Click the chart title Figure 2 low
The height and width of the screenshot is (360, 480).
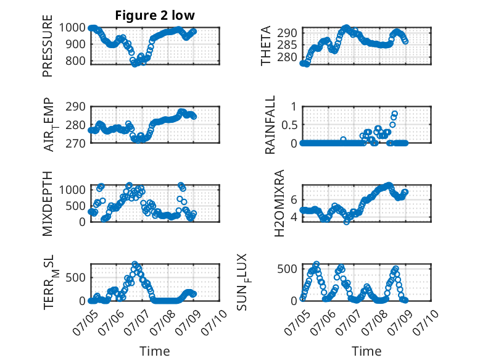155,15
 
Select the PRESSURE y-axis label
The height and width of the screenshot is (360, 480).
48,46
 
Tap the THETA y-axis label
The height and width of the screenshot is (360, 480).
266,46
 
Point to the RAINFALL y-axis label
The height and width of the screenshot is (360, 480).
270,125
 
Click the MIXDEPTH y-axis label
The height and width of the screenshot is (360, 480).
48,203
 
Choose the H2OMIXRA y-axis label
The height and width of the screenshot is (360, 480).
279,203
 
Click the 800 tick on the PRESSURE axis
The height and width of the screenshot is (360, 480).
76,61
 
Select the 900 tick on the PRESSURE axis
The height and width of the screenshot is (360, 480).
76,44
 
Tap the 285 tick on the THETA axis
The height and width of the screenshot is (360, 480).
287,45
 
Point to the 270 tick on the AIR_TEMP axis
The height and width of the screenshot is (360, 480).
76,143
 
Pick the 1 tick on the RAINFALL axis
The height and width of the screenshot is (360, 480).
294,107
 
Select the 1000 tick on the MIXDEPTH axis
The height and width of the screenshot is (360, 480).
72,190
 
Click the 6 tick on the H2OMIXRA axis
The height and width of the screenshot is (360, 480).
294,200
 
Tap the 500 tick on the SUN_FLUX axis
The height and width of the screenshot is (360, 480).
287,269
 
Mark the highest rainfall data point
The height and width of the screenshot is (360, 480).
395,114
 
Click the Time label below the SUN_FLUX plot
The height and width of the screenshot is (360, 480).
366,351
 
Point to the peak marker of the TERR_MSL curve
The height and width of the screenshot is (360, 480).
134,264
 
